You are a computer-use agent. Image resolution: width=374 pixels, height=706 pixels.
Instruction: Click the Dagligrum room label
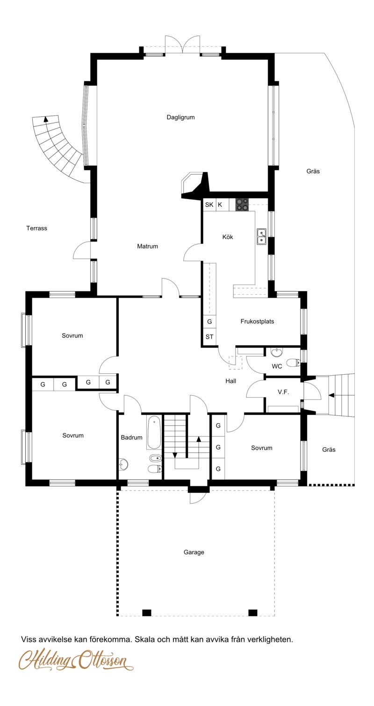180,117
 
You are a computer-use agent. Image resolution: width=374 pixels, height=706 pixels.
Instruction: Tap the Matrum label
147,246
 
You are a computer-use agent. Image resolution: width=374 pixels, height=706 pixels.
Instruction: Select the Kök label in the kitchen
227,237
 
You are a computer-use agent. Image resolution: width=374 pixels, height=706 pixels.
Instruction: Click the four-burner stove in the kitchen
242,204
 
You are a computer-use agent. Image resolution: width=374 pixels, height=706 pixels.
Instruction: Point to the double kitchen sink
261,237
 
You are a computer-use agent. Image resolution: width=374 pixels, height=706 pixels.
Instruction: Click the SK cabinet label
209,205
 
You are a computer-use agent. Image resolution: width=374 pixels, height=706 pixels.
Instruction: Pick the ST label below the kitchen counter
209,336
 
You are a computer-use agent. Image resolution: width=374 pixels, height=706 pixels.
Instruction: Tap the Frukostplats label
257,321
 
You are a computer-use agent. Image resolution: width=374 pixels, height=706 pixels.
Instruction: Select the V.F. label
283,392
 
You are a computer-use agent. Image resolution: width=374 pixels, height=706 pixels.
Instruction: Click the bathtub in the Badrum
154,432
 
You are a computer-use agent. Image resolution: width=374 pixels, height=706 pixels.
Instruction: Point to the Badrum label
131,437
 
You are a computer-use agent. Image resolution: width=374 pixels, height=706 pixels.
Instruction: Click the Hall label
230,381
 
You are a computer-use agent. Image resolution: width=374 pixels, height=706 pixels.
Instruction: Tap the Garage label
194,552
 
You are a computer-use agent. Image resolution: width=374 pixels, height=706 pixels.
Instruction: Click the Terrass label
36,228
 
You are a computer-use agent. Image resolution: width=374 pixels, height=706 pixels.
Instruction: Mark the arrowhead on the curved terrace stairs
46,119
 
